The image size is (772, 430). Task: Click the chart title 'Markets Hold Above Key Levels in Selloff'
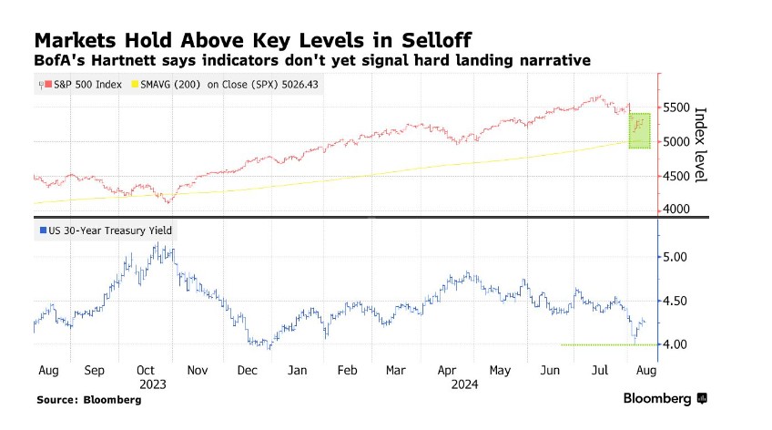pos(254,41)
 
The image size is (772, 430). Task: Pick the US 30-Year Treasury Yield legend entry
pos(105,230)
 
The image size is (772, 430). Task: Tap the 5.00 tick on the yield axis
pos(675,257)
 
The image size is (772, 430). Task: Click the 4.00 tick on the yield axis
pos(675,344)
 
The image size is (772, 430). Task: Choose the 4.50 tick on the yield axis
pos(675,301)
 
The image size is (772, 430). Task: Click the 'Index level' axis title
pos(701,145)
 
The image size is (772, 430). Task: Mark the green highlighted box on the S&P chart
pos(640,130)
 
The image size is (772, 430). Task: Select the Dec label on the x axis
pos(247,372)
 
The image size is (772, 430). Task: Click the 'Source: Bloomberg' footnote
pos(83,400)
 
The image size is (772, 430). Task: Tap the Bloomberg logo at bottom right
pos(665,399)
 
